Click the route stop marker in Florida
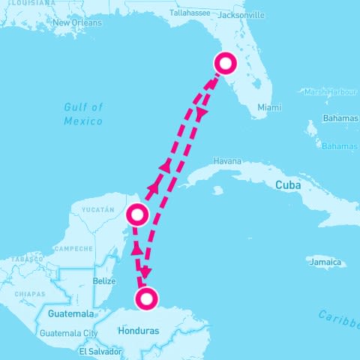click(x=224, y=64)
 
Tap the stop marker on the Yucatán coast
click(x=137, y=215)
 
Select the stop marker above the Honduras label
click(x=147, y=299)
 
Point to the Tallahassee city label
click(x=190, y=13)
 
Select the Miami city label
click(x=269, y=107)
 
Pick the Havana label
click(x=227, y=160)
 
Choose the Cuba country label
click(x=289, y=184)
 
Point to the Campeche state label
click(x=73, y=248)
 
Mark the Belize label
click(x=104, y=281)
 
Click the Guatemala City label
click(x=69, y=333)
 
